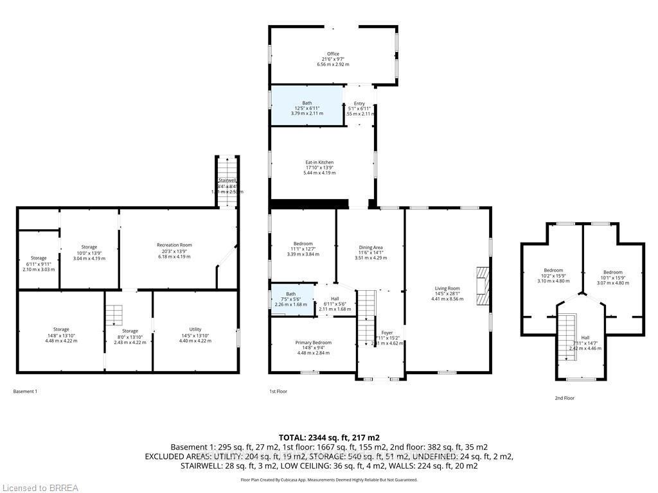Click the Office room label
pyautogui.click(x=332, y=54)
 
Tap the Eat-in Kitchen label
pyautogui.click(x=319, y=162)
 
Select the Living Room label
pyautogui.click(x=447, y=289)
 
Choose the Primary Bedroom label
pyautogui.click(x=313, y=343)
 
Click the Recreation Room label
pyautogui.click(x=175, y=245)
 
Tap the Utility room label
pyautogui.click(x=195, y=329)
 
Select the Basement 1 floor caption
pyautogui.click(x=25, y=391)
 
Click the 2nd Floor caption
pyautogui.click(x=564, y=398)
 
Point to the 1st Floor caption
pyautogui.click(x=278, y=391)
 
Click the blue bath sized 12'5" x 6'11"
pyautogui.click(x=306, y=105)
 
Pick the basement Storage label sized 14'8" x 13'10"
pyautogui.click(x=61, y=329)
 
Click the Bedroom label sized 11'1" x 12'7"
pyautogui.click(x=303, y=244)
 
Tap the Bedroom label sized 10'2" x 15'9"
pyautogui.click(x=553, y=270)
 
